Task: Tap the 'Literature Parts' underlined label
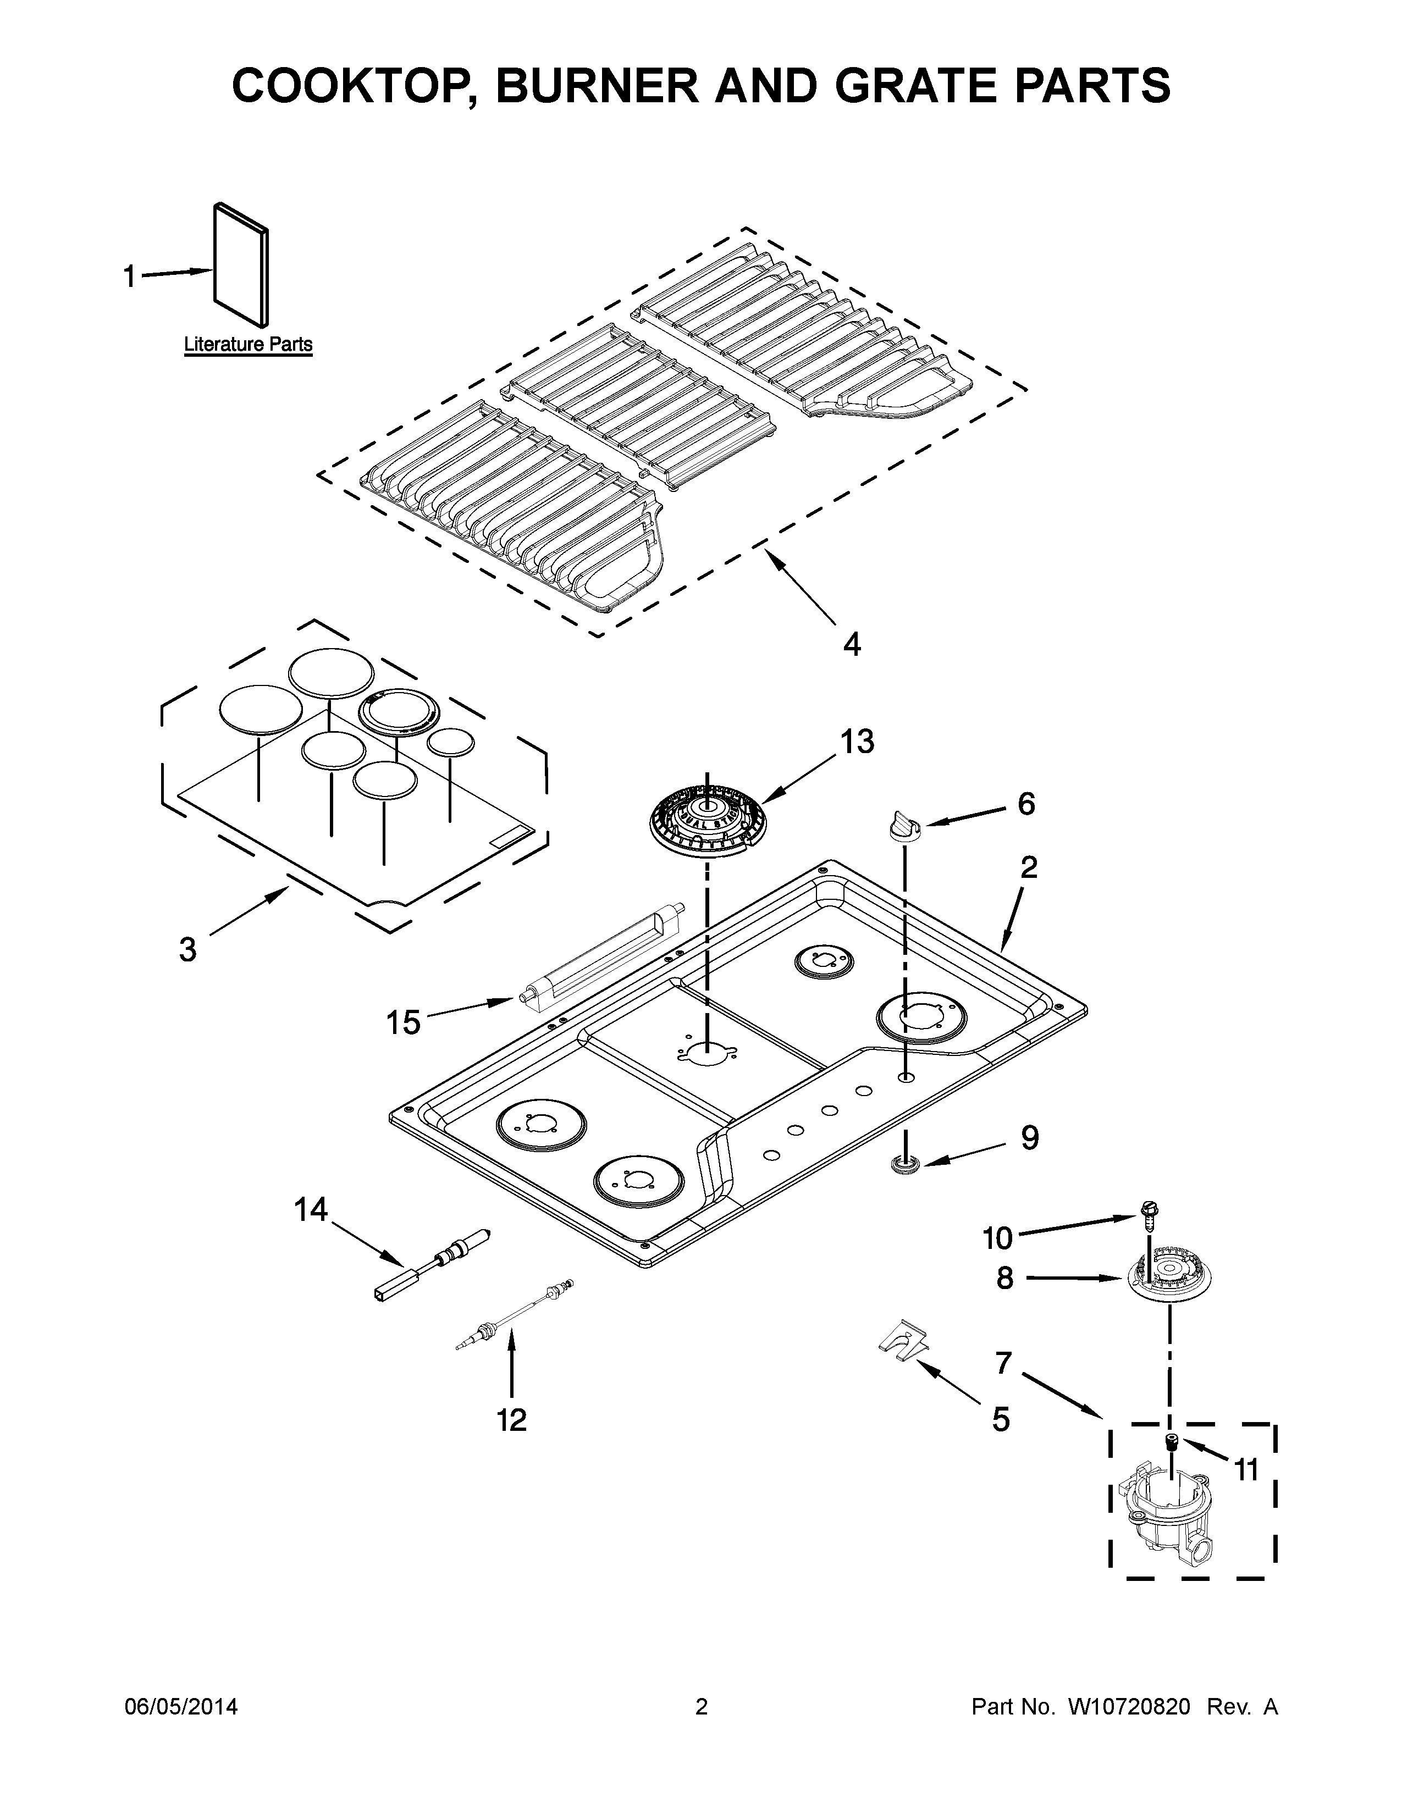[x=247, y=344]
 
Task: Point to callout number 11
[x=1246, y=1469]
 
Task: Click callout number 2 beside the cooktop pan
[x=1028, y=868]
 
